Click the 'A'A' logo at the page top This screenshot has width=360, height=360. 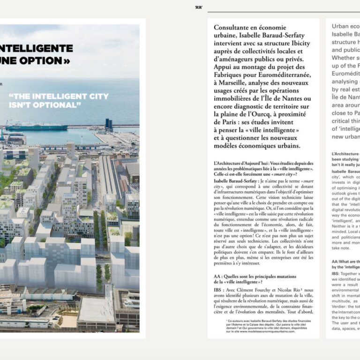pos(198,7)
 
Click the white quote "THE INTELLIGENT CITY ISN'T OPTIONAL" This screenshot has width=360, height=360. pos(59,100)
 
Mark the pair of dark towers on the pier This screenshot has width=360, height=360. pos(109,124)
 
